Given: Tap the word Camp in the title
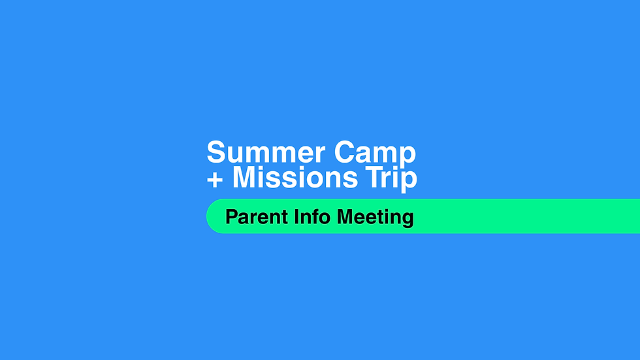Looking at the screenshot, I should (x=375, y=153).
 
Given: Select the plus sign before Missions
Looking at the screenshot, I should (x=215, y=178).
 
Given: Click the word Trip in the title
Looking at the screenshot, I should (x=391, y=177).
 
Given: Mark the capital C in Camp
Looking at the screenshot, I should (x=344, y=153).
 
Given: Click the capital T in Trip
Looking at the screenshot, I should (x=374, y=177).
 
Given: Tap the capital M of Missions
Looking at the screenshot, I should (x=244, y=177).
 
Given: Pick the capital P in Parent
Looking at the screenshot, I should (x=231, y=217).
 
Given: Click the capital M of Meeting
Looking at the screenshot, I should (x=346, y=217).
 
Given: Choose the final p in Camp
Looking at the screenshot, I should (x=408, y=157).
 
